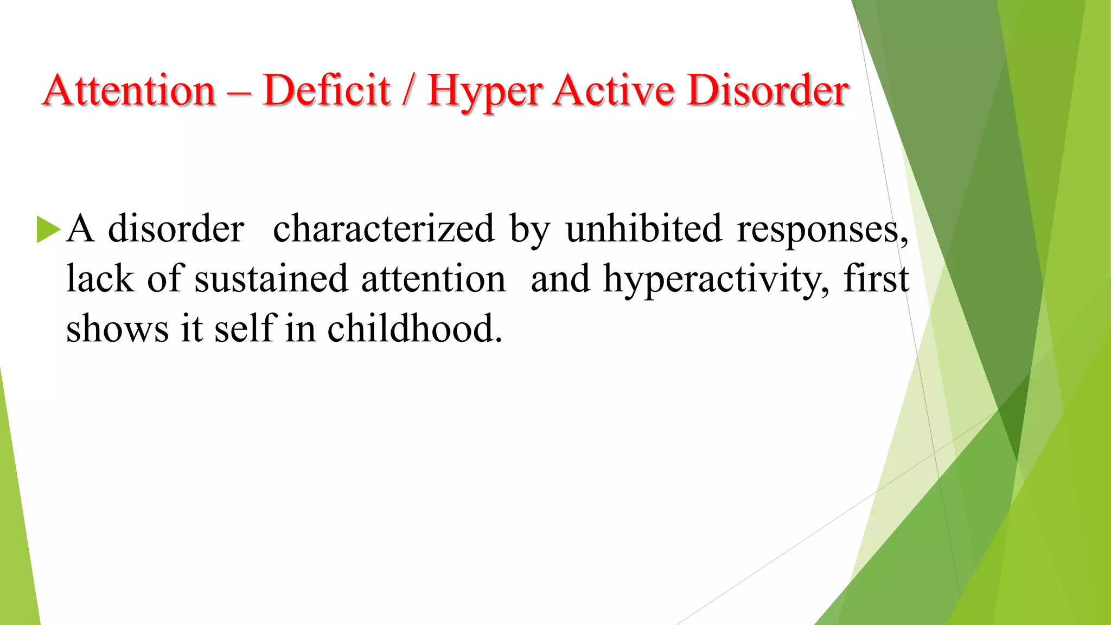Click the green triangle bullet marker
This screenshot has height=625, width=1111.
coord(48,229)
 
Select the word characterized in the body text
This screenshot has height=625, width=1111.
coord(384,229)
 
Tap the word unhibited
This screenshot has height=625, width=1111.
coord(643,229)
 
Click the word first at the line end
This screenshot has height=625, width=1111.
coord(876,279)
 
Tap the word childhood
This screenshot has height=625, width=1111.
coord(414,329)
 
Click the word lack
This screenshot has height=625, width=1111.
coord(100,279)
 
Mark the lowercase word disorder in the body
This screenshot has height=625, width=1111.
coord(176,229)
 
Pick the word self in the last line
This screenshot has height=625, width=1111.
coord(246,329)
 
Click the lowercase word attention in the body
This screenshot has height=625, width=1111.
coord(433,279)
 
